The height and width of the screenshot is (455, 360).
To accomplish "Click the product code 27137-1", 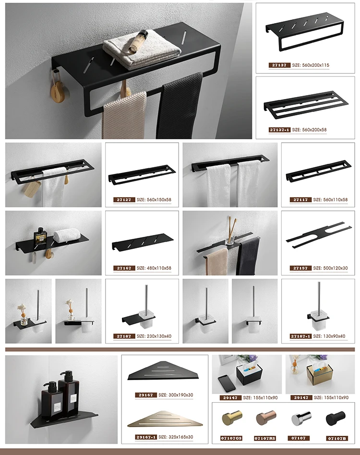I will [279, 130].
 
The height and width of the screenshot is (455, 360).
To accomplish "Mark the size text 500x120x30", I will [327, 268].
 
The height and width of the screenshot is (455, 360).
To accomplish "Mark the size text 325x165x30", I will [177, 437].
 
